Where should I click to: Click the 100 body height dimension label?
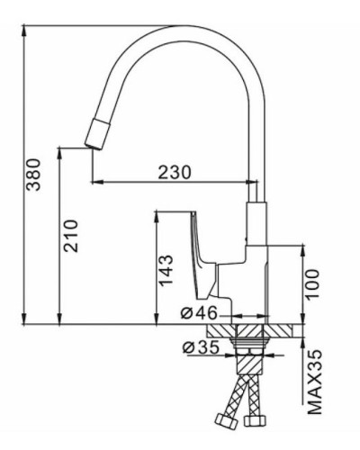coord(311,283)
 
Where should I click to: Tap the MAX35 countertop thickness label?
coord(315,383)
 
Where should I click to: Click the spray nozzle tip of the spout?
coord(93,136)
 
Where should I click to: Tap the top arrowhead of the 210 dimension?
coord(58,150)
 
